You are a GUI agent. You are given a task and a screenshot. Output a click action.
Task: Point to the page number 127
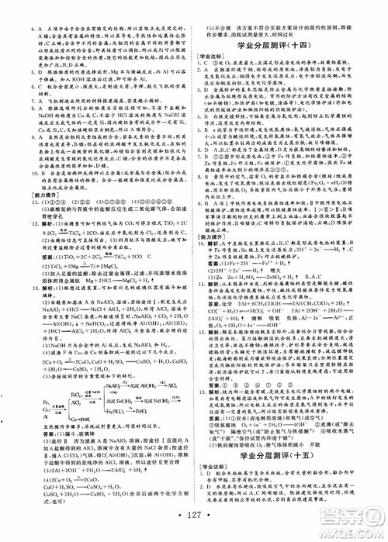[195, 520]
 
